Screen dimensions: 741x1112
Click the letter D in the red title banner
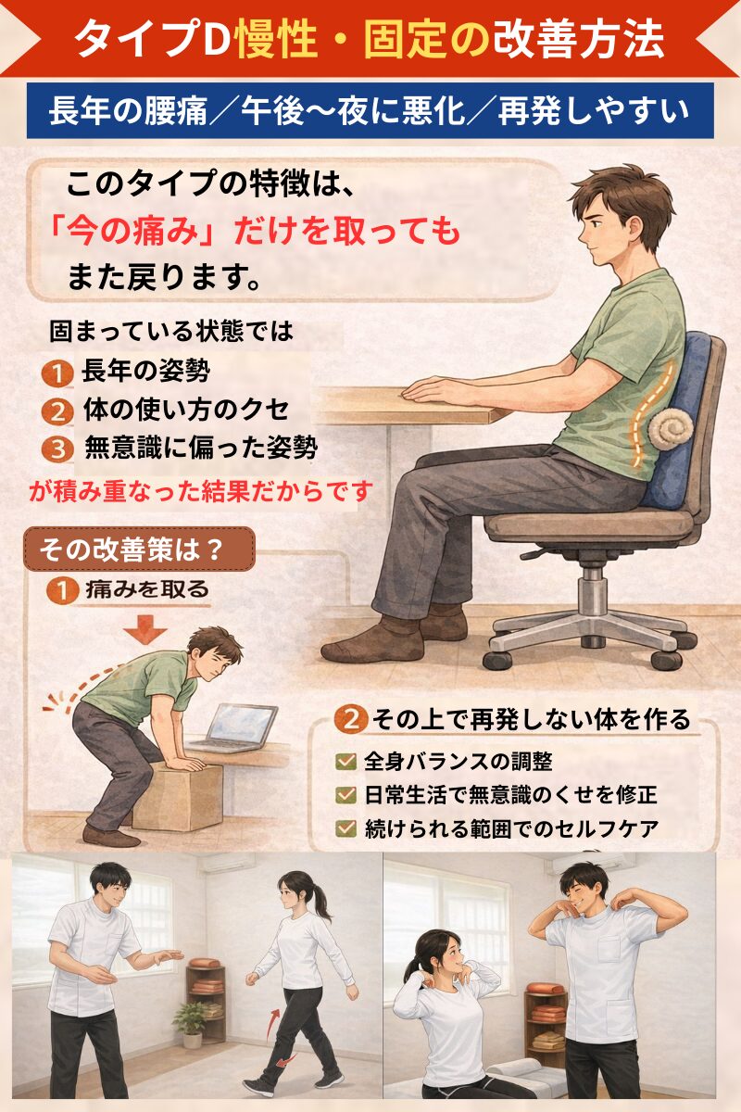(x=214, y=40)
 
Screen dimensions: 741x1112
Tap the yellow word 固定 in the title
(x=405, y=40)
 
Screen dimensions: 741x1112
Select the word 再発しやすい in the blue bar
(x=594, y=111)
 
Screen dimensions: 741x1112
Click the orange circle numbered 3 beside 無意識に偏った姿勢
(x=58, y=449)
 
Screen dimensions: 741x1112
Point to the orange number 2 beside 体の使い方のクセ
(x=58, y=411)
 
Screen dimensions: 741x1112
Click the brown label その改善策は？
(x=140, y=550)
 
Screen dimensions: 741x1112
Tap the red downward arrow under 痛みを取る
(x=144, y=629)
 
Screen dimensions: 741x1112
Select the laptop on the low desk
(x=233, y=728)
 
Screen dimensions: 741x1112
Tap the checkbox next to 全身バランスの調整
(x=345, y=762)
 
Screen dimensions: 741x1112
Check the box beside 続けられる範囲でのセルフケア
(x=345, y=828)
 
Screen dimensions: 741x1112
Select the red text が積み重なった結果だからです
(x=200, y=491)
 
